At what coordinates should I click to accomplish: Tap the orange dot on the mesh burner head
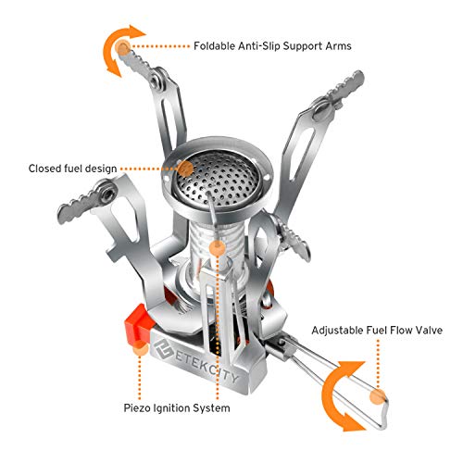(185, 168)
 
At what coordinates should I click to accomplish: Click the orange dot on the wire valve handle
(376, 396)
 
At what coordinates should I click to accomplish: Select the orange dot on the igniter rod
(216, 248)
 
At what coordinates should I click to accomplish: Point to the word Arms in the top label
(338, 44)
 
